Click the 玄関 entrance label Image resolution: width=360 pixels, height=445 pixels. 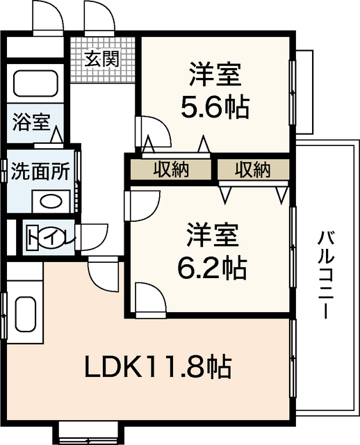coord(101,58)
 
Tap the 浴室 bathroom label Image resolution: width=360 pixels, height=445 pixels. coord(30,123)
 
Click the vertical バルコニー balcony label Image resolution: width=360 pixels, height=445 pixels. coord(325,274)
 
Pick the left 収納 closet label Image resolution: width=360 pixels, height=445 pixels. coord(171,169)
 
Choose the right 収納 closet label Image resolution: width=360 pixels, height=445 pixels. coord(252,169)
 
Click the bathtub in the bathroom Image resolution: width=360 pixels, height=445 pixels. coord(38,85)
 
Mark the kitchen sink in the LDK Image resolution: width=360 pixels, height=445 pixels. coord(25,316)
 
